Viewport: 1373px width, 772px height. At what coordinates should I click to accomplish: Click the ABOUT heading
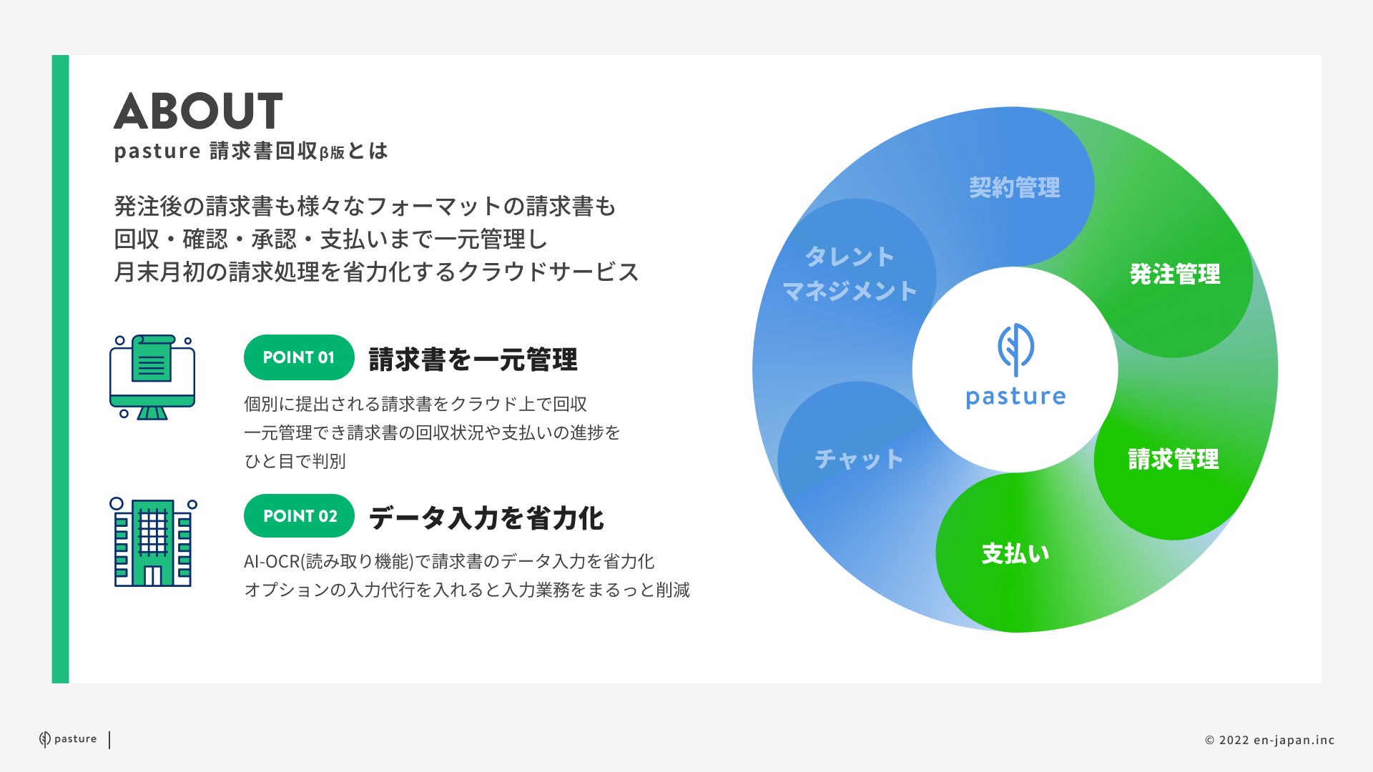(198, 111)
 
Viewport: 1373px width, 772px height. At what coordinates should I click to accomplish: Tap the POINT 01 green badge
(299, 357)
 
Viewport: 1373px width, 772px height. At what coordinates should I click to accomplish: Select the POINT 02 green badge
(299, 515)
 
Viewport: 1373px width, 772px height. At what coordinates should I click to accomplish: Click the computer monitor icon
(152, 377)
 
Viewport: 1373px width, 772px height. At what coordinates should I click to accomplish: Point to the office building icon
(153, 543)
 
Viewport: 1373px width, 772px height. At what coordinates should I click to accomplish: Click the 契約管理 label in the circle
(1015, 188)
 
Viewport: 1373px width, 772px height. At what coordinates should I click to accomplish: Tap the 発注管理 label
(1175, 274)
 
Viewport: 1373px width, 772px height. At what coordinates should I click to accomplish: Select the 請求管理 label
(1173, 459)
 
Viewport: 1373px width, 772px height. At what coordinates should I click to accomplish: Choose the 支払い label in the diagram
(1015, 553)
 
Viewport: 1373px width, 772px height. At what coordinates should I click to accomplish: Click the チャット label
(860, 459)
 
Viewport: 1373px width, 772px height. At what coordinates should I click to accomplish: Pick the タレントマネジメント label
(850, 274)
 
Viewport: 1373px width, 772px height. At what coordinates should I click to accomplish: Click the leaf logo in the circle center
(1015, 350)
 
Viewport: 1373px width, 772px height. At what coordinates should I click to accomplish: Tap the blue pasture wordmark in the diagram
(1015, 397)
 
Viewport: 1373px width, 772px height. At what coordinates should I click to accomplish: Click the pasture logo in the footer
(68, 739)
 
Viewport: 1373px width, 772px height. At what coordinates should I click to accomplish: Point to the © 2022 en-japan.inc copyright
(1270, 740)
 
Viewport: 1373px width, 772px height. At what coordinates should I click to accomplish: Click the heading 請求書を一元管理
(473, 359)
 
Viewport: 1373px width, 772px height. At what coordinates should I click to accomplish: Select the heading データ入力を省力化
(486, 518)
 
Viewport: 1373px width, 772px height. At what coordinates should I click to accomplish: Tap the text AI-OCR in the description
(272, 561)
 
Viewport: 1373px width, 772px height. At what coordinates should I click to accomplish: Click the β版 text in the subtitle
(332, 152)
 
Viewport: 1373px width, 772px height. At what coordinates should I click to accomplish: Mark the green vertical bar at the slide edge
(61, 369)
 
